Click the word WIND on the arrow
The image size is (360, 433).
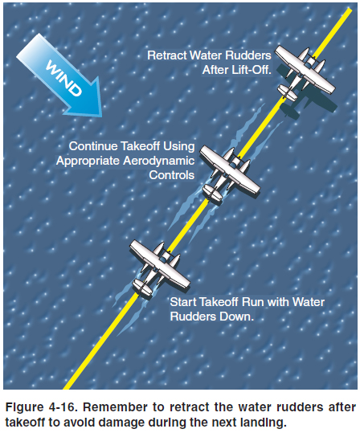[x=63, y=79]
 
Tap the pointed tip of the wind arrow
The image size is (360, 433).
[x=101, y=116]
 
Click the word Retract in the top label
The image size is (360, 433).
[x=167, y=55]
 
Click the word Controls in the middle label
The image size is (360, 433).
[x=172, y=175]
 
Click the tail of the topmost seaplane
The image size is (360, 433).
[x=288, y=92]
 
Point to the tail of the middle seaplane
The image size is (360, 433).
[x=212, y=193]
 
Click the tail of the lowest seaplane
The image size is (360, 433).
[x=142, y=288]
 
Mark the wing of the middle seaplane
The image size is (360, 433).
[x=230, y=170]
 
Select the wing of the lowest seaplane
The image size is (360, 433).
[x=160, y=264]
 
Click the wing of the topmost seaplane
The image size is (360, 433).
[x=305, y=70]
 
